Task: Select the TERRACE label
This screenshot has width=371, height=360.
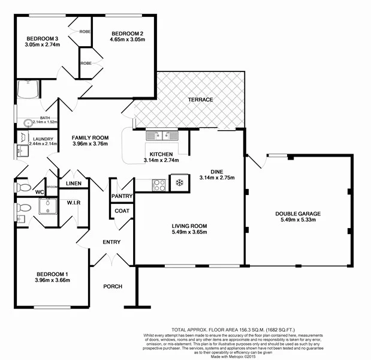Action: (200, 100)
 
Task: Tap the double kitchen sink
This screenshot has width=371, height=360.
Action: (162, 136)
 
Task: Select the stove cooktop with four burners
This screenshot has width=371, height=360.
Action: (159, 185)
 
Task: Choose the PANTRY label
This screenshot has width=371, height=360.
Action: (122, 196)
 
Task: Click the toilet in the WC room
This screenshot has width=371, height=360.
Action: (23, 187)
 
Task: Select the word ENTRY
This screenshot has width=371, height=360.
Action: (111, 242)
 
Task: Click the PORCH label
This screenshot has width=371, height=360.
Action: (112, 286)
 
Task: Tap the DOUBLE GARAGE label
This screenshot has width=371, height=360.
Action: (298, 214)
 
